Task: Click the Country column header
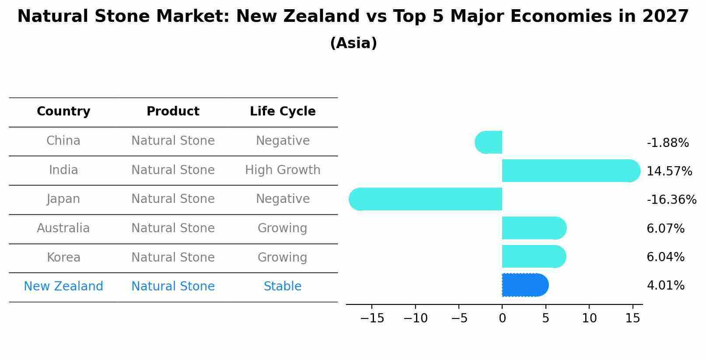[x=63, y=112]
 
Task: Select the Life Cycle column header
[x=283, y=112]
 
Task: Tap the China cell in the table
[x=63, y=141]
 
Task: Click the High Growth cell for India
[x=283, y=170]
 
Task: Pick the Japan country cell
[x=63, y=199]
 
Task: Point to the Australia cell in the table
[x=63, y=228]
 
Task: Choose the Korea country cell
[x=63, y=258]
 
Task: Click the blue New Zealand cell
[x=63, y=287]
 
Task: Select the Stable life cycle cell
[x=283, y=287]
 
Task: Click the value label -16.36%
[x=671, y=200]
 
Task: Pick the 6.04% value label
[x=665, y=257]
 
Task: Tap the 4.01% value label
[x=665, y=286]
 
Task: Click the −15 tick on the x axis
[x=372, y=318]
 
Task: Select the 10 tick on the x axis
[x=589, y=318]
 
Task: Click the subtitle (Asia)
[x=353, y=43]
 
